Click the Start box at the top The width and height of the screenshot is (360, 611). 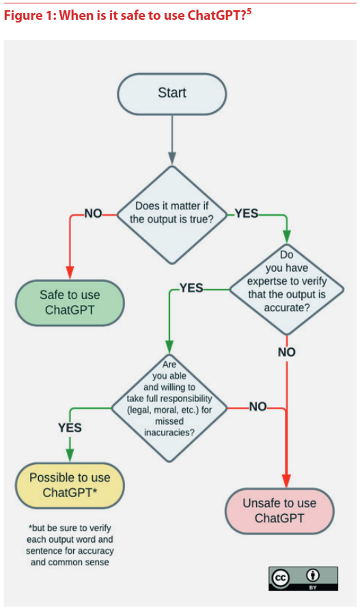[x=172, y=94]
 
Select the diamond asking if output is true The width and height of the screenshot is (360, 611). [x=171, y=215]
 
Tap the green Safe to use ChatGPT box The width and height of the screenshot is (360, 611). [x=70, y=302]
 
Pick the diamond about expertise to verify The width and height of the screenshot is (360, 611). [x=287, y=289]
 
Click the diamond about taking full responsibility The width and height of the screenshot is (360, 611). [x=169, y=408]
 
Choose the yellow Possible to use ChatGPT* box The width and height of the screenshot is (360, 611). [x=70, y=485]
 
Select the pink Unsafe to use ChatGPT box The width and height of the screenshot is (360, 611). [x=279, y=511]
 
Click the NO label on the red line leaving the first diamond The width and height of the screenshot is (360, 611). [x=93, y=214]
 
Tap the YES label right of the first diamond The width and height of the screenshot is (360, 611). [x=246, y=214]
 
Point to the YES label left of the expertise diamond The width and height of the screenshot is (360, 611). [x=191, y=288]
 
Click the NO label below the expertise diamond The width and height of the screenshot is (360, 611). [x=287, y=352]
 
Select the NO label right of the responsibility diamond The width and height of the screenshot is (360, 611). [x=258, y=407]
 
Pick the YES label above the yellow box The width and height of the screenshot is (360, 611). [x=70, y=428]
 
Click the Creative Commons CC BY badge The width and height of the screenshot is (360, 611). [x=303, y=579]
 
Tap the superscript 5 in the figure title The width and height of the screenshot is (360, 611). [x=249, y=12]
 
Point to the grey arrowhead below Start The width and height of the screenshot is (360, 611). [x=171, y=158]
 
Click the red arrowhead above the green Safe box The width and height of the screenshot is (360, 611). [x=70, y=272]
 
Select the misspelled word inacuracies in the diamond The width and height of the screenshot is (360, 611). [x=169, y=433]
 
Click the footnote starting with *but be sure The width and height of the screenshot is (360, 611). [x=70, y=545]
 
